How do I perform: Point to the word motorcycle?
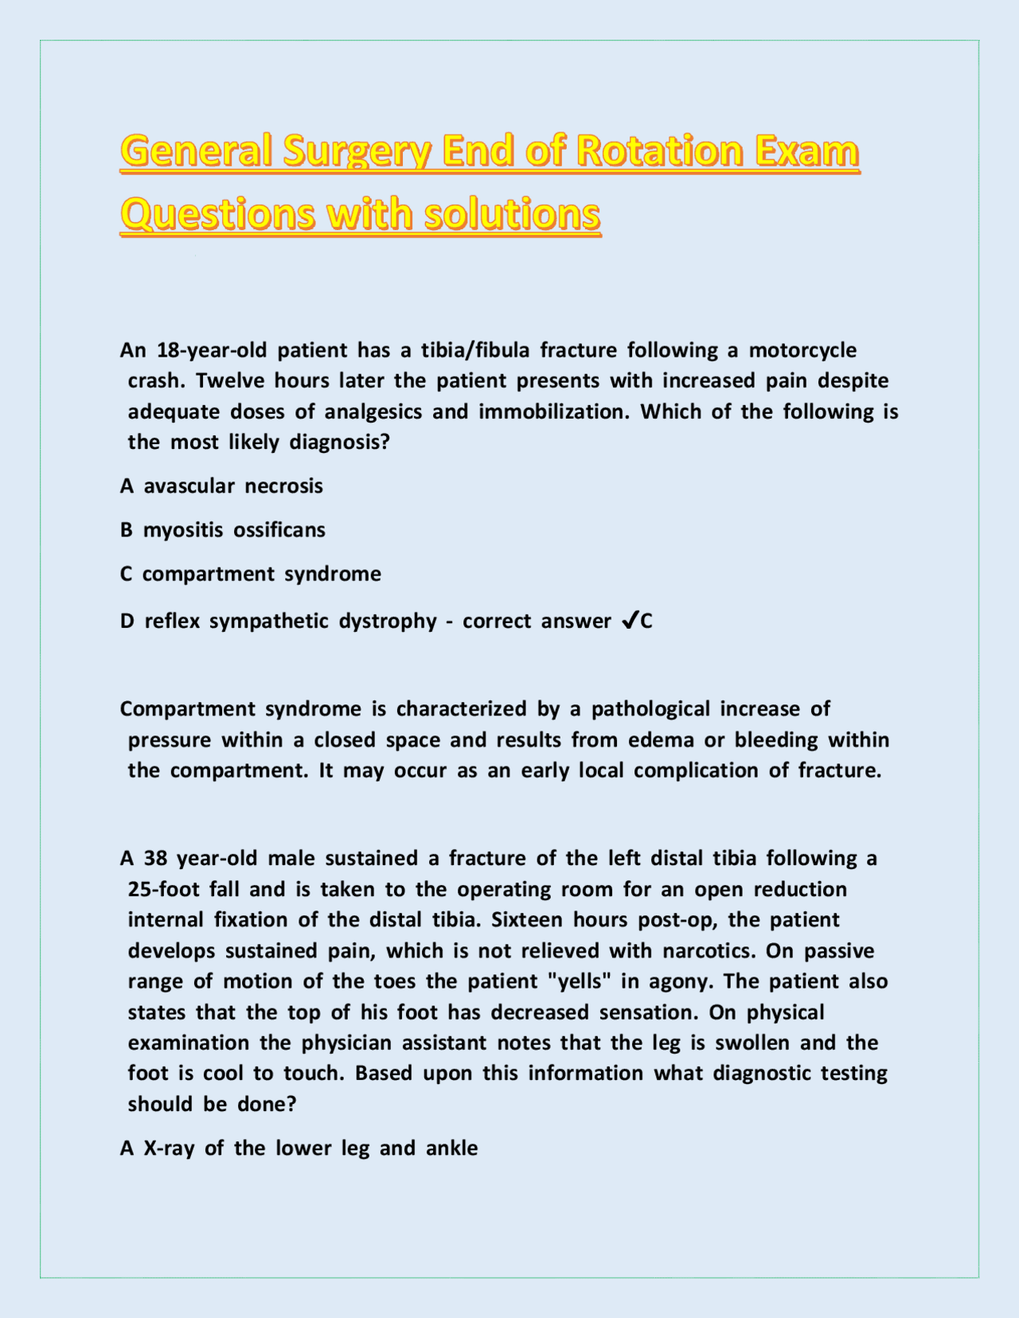802,350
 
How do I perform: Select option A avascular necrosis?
222,486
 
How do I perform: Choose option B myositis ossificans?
223,530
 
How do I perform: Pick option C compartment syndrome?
251,574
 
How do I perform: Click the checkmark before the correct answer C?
628,621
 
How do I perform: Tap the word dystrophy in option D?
388,621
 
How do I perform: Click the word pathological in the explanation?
650,709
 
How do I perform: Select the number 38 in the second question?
155,859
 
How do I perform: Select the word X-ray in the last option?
169,1148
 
